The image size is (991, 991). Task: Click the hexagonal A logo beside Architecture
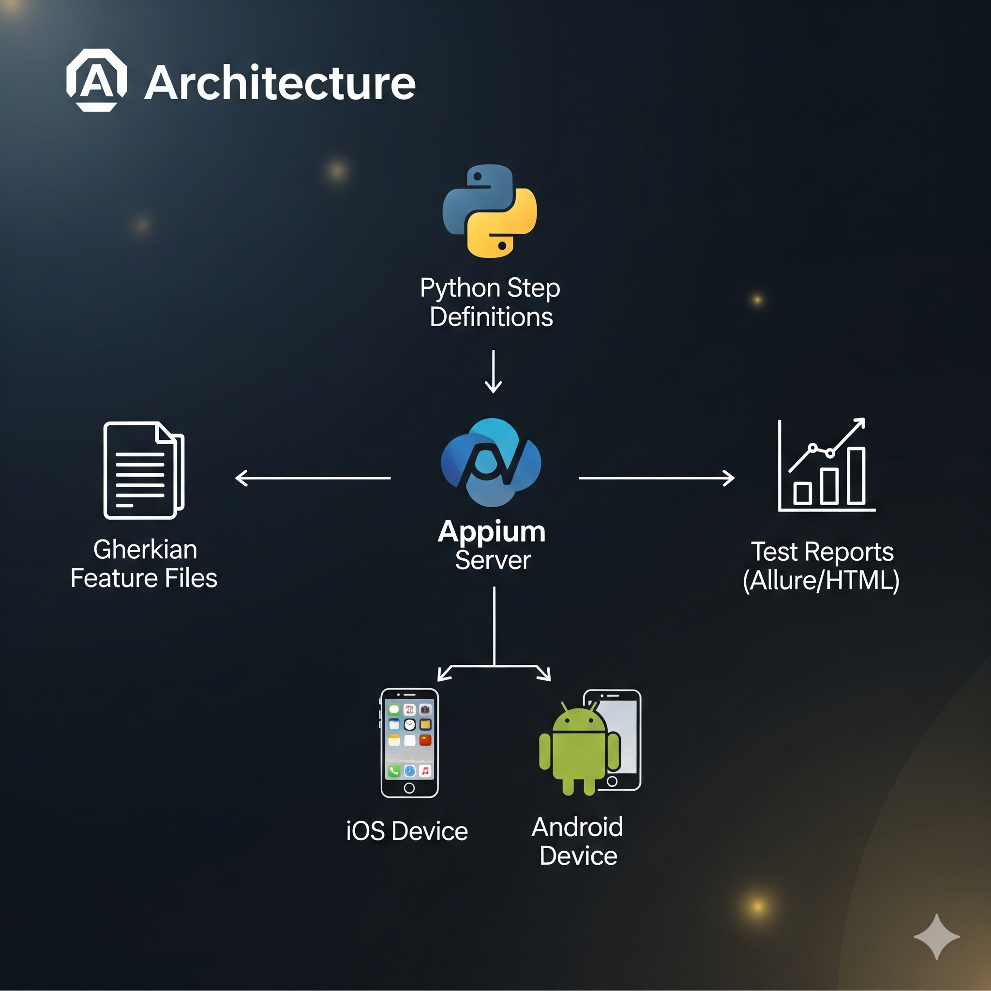96,80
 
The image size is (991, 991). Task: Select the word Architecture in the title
280,83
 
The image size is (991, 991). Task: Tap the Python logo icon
490,211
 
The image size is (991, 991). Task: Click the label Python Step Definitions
490,302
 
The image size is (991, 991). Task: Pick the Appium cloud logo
491,462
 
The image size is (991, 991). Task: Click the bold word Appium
492,531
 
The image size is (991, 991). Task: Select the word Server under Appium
493,560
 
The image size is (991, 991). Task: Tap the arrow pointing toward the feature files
313,478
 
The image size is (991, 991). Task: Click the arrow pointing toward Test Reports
657,478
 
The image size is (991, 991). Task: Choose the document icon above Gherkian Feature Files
144,470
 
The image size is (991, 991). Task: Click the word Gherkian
145,550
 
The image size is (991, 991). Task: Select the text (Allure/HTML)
821,581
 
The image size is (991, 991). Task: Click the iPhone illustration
409,743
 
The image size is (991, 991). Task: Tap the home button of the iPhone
409,788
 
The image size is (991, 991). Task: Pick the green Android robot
579,749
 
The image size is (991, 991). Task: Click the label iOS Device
407,831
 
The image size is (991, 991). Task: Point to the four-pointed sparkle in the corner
937,937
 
